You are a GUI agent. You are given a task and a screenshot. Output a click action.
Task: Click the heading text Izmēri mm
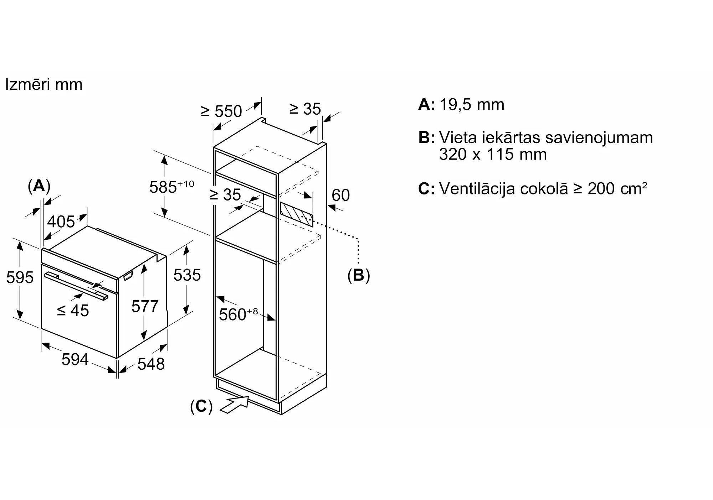pos(44,85)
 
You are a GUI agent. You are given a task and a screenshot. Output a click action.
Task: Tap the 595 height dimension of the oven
pos(20,277)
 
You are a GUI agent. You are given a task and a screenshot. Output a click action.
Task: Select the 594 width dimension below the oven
pos(75,359)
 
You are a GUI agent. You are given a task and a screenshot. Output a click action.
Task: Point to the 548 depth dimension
pos(151,364)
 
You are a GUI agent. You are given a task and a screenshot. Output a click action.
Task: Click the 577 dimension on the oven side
pos(145,306)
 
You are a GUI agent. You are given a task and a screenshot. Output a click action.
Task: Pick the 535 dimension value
pos(187,275)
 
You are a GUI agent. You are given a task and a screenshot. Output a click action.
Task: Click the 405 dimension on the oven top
pos(61,222)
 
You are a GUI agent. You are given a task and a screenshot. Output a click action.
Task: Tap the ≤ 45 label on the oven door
pos(73,311)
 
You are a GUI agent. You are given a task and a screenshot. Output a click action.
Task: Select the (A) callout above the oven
pos(39,186)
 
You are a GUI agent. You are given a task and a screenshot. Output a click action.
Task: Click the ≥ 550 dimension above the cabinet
pos(221,111)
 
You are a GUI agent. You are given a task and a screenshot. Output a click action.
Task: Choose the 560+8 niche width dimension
pos(238,314)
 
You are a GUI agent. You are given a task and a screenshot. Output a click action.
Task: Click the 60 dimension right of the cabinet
pos(340,195)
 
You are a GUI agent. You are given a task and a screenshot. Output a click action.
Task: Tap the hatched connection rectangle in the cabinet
pos(297,215)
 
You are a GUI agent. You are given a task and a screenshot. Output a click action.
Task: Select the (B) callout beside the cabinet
pos(359,275)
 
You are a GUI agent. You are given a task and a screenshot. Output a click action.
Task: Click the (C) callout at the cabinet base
pos(201,406)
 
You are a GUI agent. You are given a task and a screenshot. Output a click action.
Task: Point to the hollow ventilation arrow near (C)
pos(235,405)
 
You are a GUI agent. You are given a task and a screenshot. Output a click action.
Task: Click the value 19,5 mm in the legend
pos(472,105)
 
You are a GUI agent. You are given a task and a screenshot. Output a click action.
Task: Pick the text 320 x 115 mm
pos(493,154)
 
